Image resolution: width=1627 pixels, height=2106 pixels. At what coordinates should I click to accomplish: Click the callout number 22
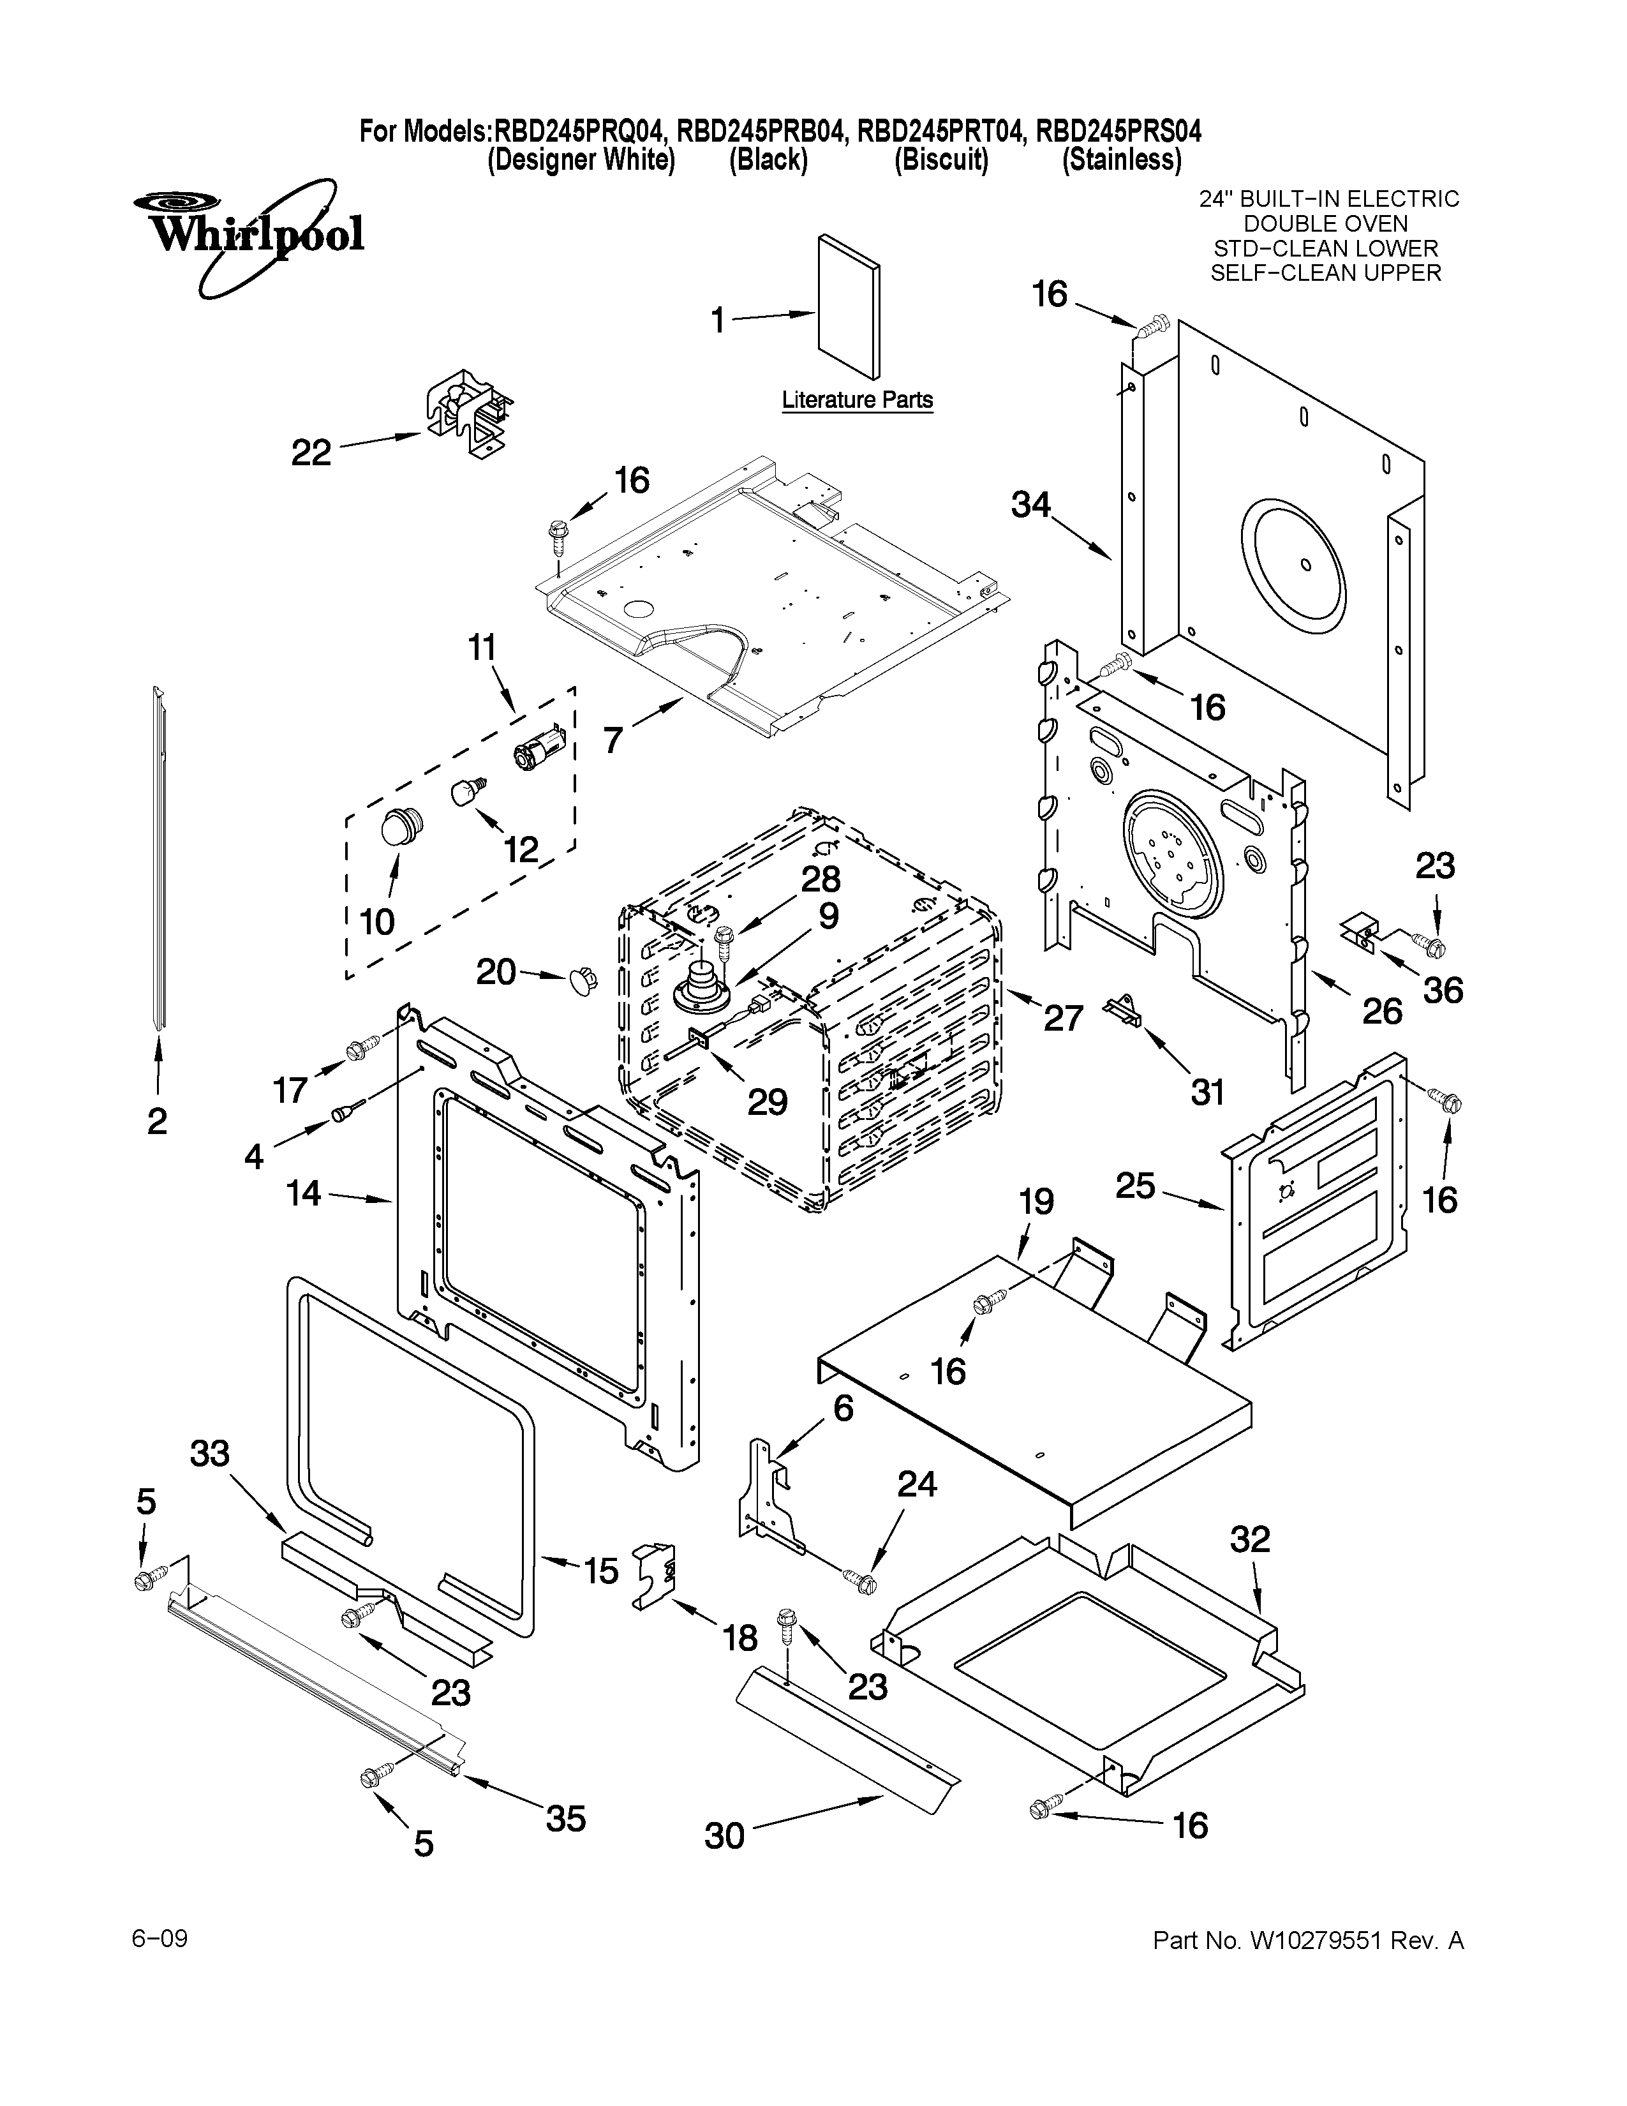pos(311,452)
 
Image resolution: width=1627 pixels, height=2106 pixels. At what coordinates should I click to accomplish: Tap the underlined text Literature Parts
pos(857,400)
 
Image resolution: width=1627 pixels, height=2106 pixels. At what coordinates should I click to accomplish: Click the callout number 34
pos(1030,504)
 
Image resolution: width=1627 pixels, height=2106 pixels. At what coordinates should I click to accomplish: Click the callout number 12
pos(521,849)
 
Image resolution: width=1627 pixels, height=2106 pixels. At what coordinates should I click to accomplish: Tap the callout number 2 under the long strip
pos(157,1121)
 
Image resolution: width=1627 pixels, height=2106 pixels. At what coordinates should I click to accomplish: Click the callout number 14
pos(304,1194)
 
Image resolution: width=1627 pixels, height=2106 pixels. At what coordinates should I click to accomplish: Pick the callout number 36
pos(1443,990)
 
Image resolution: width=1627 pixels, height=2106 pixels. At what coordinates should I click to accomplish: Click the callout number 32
pos(1250,1539)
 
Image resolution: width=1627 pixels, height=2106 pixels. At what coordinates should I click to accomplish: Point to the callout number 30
pos(724,1835)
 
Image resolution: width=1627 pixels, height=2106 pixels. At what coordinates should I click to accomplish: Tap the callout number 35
pos(566,1819)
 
